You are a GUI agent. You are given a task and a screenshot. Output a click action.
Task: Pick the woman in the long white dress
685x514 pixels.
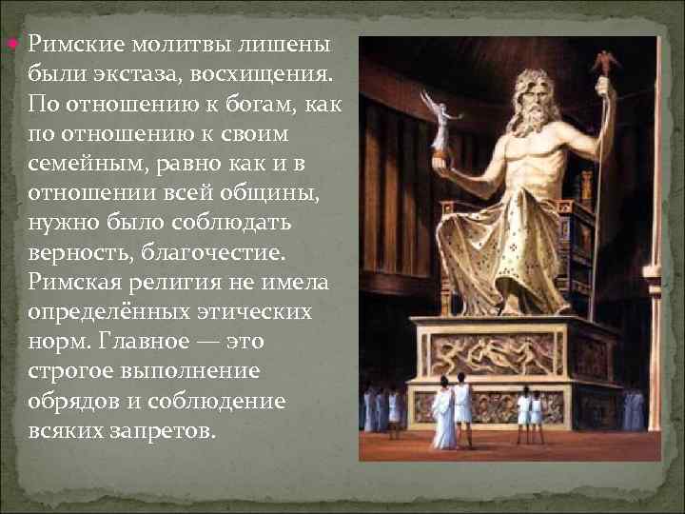(443, 414)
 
